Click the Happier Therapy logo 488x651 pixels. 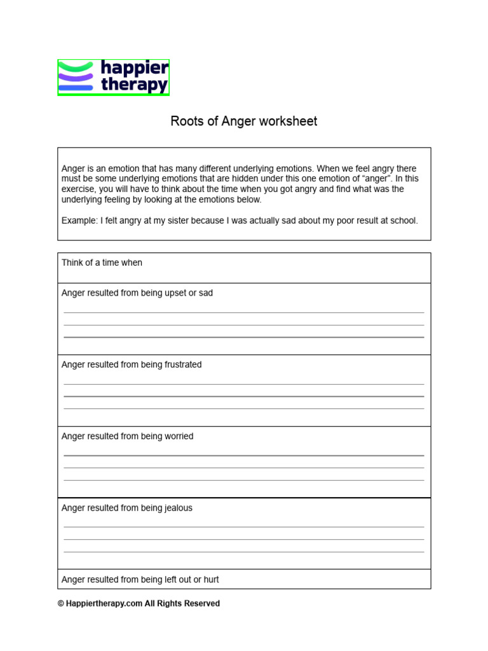point(113,77)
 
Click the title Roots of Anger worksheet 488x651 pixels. point(243,121)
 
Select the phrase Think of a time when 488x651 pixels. point(102,263)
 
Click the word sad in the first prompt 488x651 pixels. point(205,293)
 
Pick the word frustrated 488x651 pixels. point(181,365)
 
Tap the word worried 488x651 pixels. point(177,436)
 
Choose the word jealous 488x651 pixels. point(177,508)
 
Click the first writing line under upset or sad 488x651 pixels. point(243,313)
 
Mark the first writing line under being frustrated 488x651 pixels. point(243,385)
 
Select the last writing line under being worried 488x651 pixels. point(243,480)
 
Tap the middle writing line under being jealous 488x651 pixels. point(243,540)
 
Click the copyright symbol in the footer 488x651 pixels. point(61,604)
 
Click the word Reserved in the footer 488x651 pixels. point(202,604)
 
